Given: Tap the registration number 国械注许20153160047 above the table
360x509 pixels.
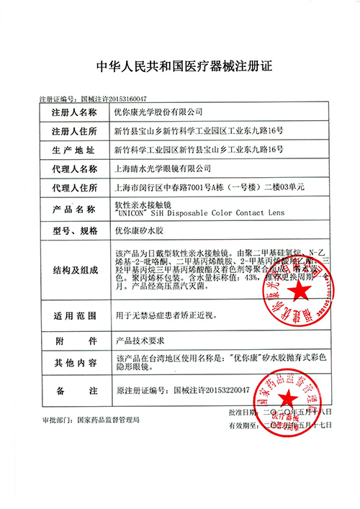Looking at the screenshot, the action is coord(113,99).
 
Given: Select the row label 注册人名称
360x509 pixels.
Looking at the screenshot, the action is coord(73,113).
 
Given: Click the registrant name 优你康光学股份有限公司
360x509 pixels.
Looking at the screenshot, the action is coord(159,113).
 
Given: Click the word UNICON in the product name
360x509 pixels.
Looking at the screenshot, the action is coord(132,213).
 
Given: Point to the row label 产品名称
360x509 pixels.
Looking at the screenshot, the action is coord(73,209).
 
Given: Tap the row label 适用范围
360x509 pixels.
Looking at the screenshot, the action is coord(73,315).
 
